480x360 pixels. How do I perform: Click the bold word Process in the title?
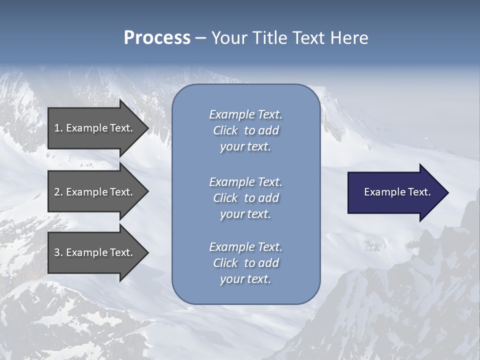pyautogui.click(x=157, y=38)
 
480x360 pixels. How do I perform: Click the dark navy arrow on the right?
pyautogui.click(x=395, y=192)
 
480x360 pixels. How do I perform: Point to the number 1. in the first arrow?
pyautogui.click(x=58, y=128)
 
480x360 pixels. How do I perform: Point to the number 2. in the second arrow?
pyautogui.click(x=58, y=192)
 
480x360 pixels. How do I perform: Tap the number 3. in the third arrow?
pyautogui.click(x=58, y=252)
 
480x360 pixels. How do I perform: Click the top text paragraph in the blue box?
pyautogui.click(x=245, y=130)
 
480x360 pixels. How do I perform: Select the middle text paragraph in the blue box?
pyautogui.click(x=245, y=198)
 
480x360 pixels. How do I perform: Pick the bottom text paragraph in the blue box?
pyautogui.click(x=245, y=263)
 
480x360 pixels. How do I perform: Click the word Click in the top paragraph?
pyautogui.click(x=225, y=130)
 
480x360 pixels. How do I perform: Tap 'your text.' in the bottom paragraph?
pyautogui.click(x=245, y=279)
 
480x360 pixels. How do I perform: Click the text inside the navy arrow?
pyautogui.click(x=397, y=192)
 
